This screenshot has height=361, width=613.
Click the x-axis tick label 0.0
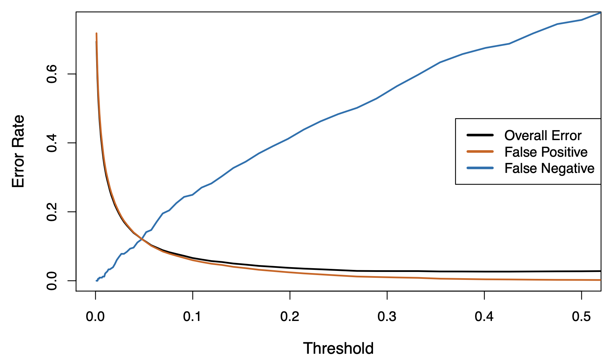pos(95,316)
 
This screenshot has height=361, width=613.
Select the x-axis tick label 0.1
pos(192,316)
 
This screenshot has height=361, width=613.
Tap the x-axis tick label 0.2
pos(290,316)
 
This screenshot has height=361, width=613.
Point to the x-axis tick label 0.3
pos(387,316)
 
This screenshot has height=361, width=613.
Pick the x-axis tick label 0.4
pos(484,316)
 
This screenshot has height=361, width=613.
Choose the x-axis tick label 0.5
pos(581,316)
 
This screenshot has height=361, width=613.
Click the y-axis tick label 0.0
pos(52,281)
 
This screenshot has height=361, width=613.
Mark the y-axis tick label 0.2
pos(52,212)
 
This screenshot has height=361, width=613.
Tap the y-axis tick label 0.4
pos(52,143)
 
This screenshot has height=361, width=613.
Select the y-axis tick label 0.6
pos(52,74)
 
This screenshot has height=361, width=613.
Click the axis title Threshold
pos(338,349)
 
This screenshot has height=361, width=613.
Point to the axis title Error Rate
pos(18,151)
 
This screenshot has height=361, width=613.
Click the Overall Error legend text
pos(543,136)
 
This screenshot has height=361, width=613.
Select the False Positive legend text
pos(546,152)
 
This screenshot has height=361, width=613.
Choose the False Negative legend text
pos(549,168)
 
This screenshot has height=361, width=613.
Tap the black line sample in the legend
pos(480,135)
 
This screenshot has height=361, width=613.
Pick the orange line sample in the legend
pos(480,152)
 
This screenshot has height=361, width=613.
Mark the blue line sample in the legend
pos(480,168)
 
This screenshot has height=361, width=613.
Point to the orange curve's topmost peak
pos(96,33)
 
